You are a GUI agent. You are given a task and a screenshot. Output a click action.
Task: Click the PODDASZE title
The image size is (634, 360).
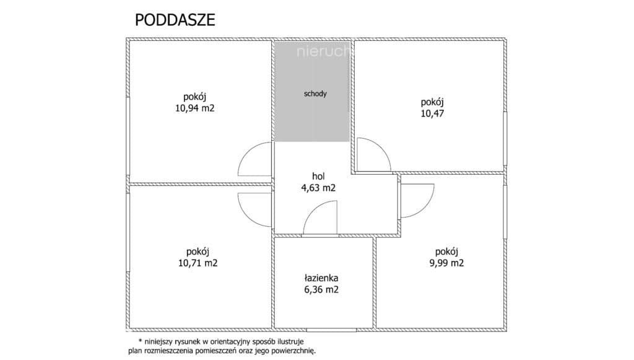coord(175,20)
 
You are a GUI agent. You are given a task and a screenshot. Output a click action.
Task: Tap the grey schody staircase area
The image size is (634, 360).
coord(312,92)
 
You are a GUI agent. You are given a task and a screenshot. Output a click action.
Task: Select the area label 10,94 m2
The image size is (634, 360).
coord(195,108)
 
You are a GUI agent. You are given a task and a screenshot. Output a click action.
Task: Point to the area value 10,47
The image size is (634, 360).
coord(432,113)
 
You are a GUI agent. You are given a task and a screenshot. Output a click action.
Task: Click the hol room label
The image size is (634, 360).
coord(318,177)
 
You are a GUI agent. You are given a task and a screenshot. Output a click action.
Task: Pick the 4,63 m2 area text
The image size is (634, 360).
coord(318,188)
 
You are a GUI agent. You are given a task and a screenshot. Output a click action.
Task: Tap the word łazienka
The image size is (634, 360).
coord(321,278)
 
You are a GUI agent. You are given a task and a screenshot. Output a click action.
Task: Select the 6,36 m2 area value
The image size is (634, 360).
coord(321,289)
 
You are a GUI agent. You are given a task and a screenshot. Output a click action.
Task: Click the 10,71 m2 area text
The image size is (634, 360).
coord(198,263)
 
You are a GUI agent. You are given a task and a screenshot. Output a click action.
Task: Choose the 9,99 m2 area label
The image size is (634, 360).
coord(446,263)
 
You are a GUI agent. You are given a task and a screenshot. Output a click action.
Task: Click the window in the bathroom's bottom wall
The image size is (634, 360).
coord(331,330)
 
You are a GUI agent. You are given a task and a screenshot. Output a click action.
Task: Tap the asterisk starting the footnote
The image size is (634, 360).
coord(141,341)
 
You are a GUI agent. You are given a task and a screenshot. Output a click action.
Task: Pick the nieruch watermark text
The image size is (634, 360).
coord(323,52)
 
